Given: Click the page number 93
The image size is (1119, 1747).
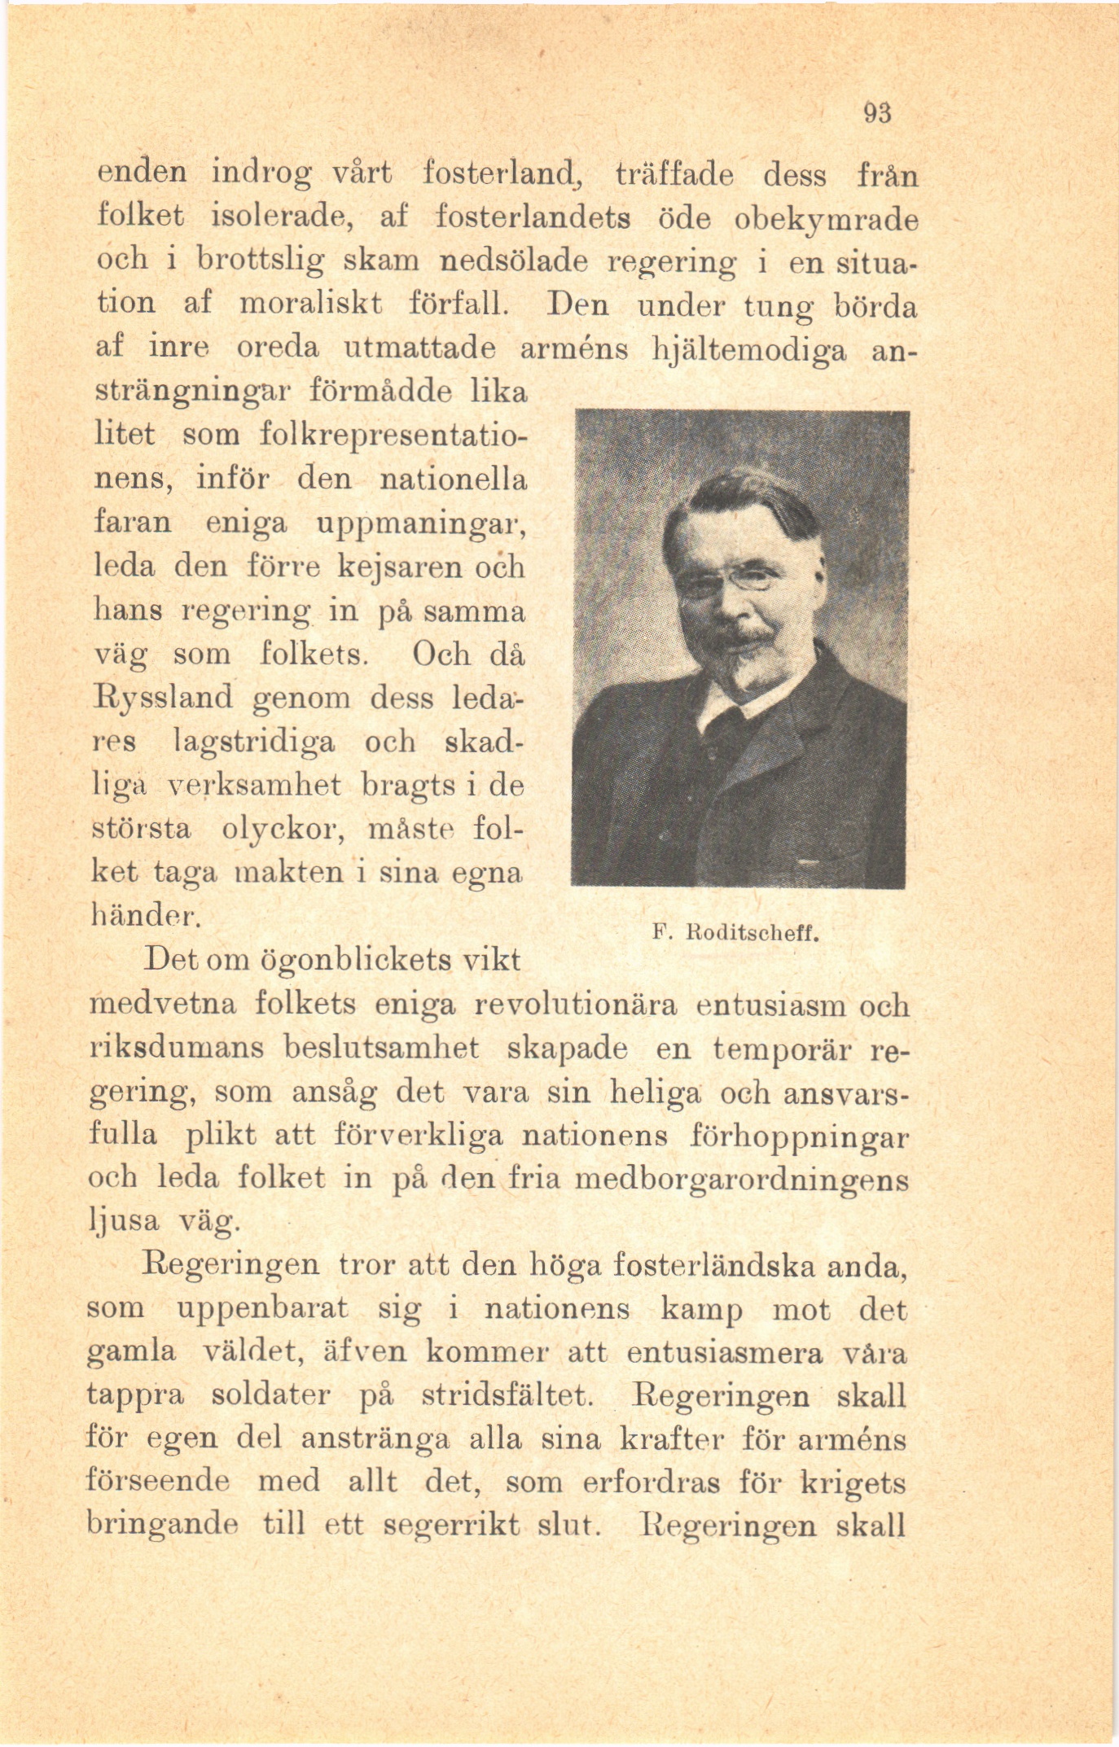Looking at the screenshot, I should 879,112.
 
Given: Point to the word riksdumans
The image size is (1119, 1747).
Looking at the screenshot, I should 176,1048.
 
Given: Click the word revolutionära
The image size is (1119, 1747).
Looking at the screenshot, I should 575,1005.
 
